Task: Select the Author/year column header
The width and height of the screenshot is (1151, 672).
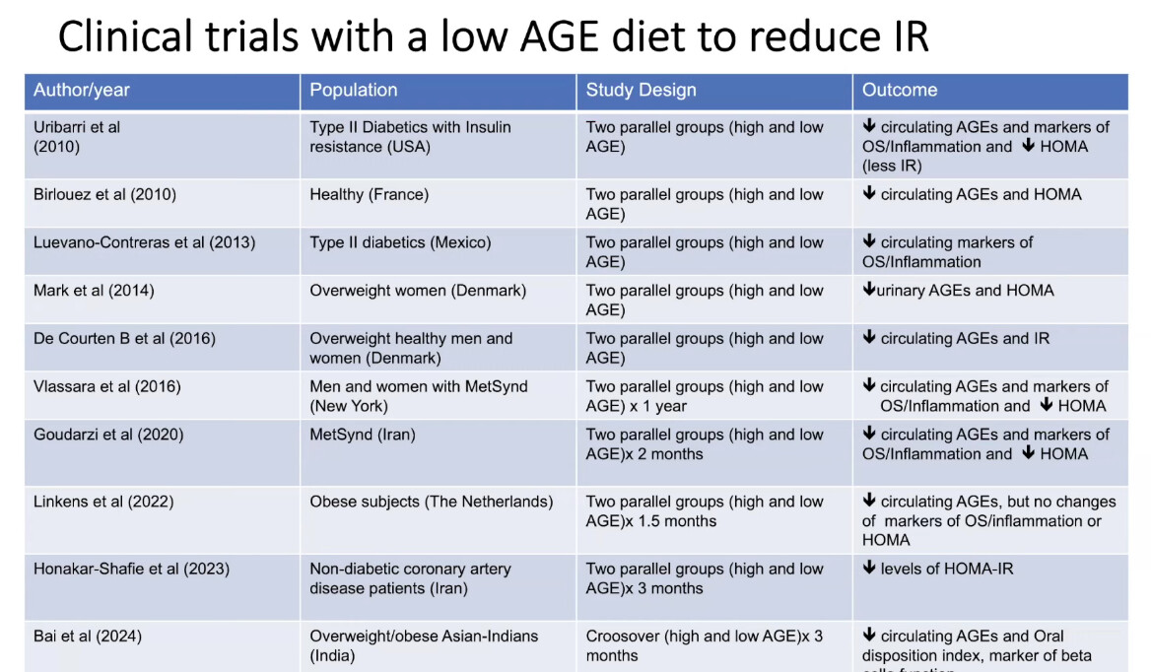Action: coord(82,90)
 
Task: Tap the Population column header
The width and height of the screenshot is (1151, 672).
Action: coord(354,90)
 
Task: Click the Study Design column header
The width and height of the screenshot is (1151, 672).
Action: coord(641,90)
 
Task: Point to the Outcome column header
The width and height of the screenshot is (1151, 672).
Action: coord(900,90)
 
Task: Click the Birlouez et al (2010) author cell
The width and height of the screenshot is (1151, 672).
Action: coord(104,194)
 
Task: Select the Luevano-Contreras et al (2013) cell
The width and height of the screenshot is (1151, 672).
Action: coord(144,242)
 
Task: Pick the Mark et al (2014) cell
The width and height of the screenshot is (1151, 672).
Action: coord(94,291)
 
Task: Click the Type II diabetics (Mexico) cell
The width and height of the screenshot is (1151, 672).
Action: coord(400,242)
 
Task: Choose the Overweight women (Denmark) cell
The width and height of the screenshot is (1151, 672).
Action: coord(418,291)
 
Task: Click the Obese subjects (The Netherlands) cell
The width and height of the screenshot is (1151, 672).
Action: coord(432,502)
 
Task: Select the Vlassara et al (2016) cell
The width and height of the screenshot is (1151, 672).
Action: coord(107,386)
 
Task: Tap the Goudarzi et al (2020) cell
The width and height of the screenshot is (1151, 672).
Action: coord(108,435)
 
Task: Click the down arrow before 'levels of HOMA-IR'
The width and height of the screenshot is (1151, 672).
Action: coord(869,569)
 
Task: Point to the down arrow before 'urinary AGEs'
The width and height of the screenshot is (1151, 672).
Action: coord(868,291)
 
